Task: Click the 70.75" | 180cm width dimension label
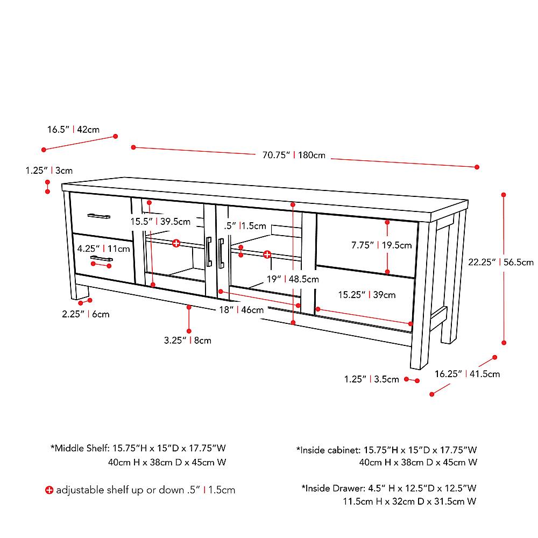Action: [x=294, y=155]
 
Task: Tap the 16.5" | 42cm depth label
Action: [x=73, y=129]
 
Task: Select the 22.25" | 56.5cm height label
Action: [x=500, y=263]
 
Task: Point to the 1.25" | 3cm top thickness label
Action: [x=49, y=171]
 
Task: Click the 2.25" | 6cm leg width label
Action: [x=86, y=314]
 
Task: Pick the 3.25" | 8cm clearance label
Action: [x=187, y=340]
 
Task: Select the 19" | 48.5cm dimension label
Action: [x=293, y=279]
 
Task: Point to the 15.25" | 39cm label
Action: [x=366, y=294]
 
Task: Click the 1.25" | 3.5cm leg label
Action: [x=372, y=379]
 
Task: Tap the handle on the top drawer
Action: [x=99, y=216]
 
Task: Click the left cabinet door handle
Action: [x=208, y=252]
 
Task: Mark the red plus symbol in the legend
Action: [x=49, y=490]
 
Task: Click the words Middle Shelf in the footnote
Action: [x=81, y=448]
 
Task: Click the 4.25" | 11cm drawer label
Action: [x=103, y=249]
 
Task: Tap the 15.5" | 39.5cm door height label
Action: [x=160, y=221]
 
